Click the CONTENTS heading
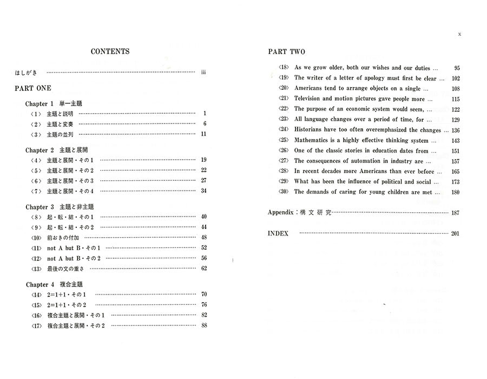[x=110, y=52]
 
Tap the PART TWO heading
[x=286, y=52]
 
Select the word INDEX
[x=278, y=233]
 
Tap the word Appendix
[x=280, y=213]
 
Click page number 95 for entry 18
[x=457, y=68]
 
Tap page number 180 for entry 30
[x=455, y=192]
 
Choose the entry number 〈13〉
[x=36, y=268]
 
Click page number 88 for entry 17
[x=204, y=325]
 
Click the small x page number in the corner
[x=459, y=35]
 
